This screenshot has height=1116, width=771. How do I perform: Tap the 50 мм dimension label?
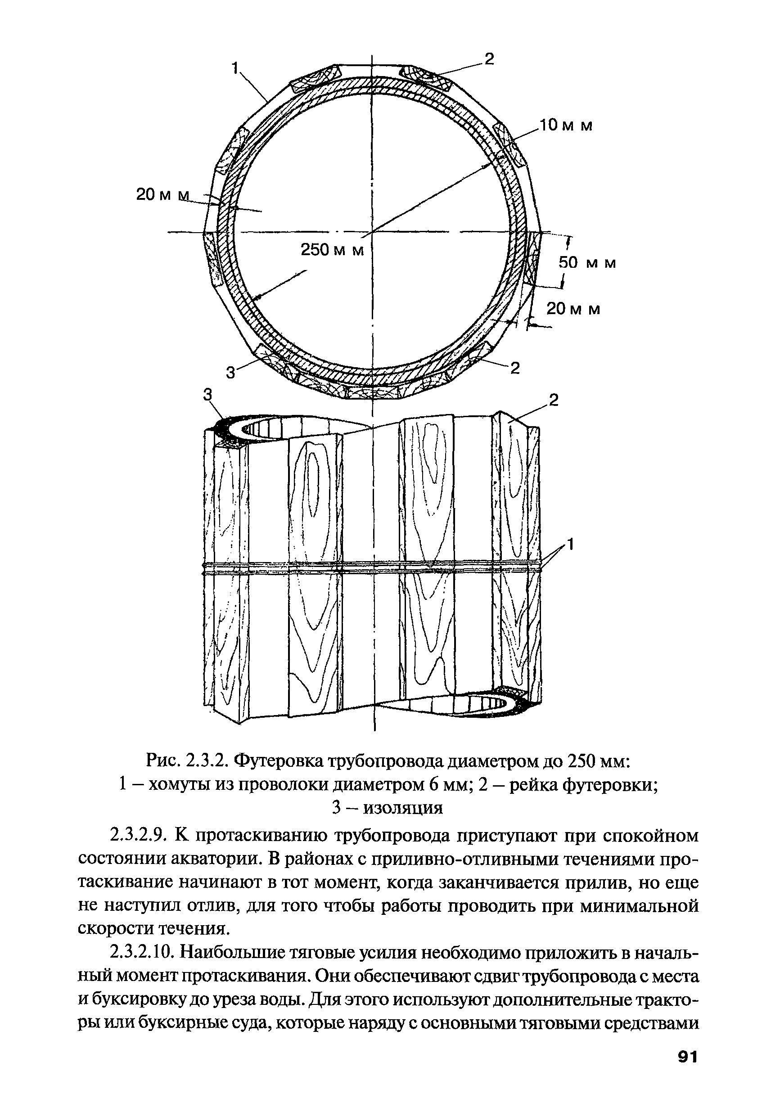(587, 263)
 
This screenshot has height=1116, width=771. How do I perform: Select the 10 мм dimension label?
(566, 126)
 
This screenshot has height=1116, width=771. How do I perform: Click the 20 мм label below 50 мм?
(573, 309)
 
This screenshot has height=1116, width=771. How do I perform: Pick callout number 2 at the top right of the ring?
(489, 59)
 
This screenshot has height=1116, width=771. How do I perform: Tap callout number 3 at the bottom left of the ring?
(231, 372)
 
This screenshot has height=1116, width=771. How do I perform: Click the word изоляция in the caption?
(402, 808)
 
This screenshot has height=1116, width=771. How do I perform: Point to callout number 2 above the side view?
(553, 400)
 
